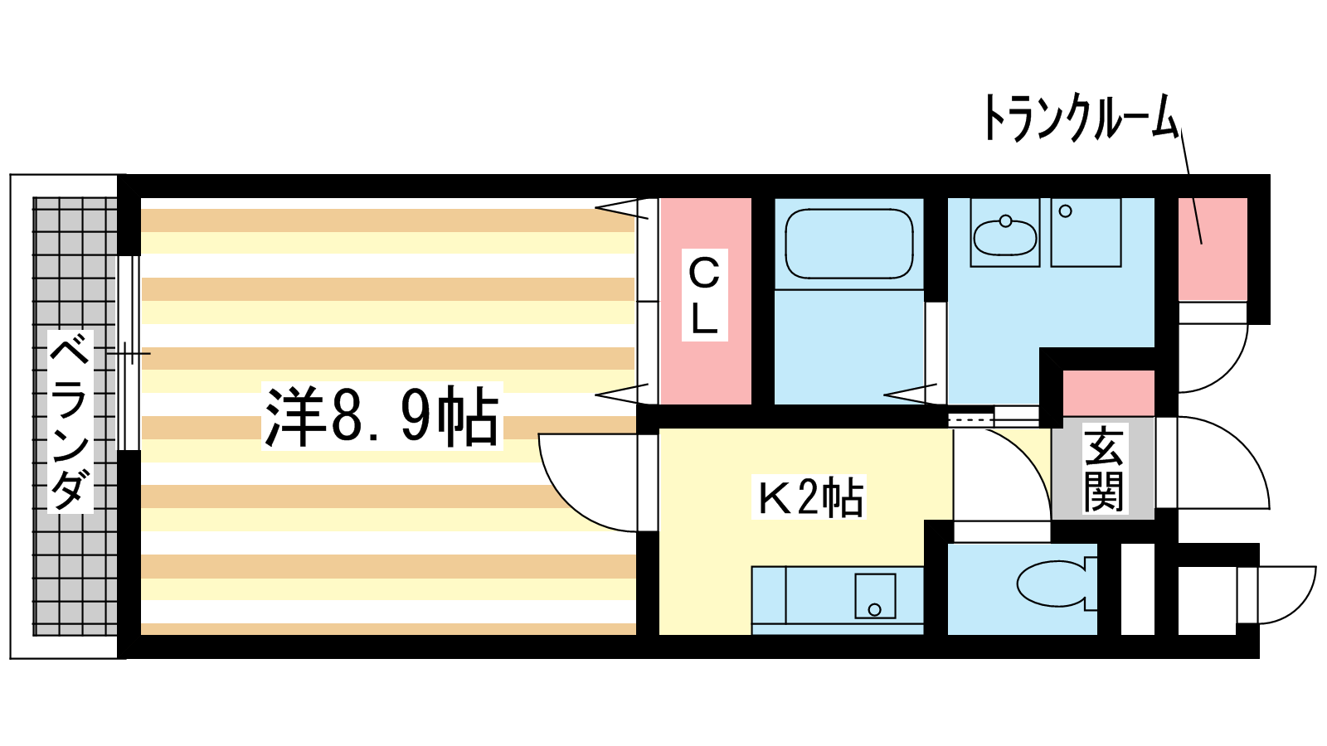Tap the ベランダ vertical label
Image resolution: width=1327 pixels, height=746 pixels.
click(70, 421)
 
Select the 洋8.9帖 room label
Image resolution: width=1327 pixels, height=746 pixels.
click(382, 416)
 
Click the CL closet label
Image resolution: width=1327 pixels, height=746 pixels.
click(704, 295)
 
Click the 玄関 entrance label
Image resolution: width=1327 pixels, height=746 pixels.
click(1103, 469)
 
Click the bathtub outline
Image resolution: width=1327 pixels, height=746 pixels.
click(848, 243)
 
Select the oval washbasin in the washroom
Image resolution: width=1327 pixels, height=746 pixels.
click(1004, 237)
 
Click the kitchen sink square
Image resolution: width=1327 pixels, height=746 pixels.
click(875, 596)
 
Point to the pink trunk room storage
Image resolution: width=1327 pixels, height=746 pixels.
click(1213, 249)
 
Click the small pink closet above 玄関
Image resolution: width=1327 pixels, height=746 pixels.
click(1108, 394)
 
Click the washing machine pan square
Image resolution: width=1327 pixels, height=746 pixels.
click(1086, 232)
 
